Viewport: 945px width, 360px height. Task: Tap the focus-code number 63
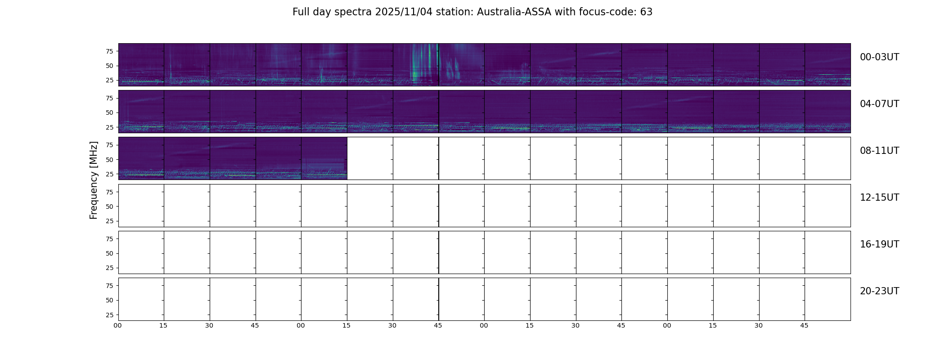[x=646, y=12]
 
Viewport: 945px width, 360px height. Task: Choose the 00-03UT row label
[x=879, y=57]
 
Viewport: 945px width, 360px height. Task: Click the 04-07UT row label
[x=879, y=104]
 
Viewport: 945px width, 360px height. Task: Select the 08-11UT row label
[x=879, y=151]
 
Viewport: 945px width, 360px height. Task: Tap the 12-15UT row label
[x=879, y=198]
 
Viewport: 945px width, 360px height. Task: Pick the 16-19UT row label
[x=879, y=244]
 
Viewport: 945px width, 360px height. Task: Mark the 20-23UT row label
[x=879, y=291]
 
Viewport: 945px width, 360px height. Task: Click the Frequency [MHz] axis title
[x=94, y=180]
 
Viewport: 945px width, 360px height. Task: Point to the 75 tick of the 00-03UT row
[x=109, y=51]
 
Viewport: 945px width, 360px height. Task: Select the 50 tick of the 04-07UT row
[x=109, y=112]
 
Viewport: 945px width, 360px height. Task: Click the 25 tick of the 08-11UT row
[x=109, y=174]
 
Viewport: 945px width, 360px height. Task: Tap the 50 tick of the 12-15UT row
[x=109, y=207]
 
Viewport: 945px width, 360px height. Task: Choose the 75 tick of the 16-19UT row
[x=109, y=239]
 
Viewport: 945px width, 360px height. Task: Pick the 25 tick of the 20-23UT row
[x=109, y=315]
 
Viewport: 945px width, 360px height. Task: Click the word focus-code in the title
[x=615, y=12]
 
